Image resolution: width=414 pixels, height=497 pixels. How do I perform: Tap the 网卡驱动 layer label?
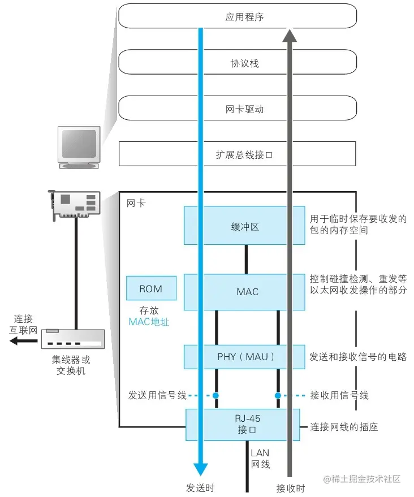pos(244,109)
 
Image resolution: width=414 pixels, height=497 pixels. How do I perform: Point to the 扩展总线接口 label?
pos(244,154)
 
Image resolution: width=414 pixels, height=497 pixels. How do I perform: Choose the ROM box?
pos(150,289)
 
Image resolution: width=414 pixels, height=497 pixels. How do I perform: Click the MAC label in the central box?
pos(247,292)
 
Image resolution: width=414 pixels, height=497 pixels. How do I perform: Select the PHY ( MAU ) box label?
pos(245,357)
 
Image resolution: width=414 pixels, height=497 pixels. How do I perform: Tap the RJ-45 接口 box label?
pos(246,425)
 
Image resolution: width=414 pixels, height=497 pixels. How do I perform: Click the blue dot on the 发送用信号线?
pos(215,395)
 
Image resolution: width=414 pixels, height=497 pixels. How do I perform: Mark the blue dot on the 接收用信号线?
pos(278,395)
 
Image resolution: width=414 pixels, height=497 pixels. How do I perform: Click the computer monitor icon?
pos(80,146)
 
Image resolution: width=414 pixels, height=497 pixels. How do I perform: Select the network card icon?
pos(74,204)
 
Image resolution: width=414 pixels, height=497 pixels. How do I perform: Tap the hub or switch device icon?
pos(72,339)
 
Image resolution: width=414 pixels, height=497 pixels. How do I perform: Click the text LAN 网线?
pos(260,459)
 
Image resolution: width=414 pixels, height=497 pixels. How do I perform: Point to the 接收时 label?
pos(290,488)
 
